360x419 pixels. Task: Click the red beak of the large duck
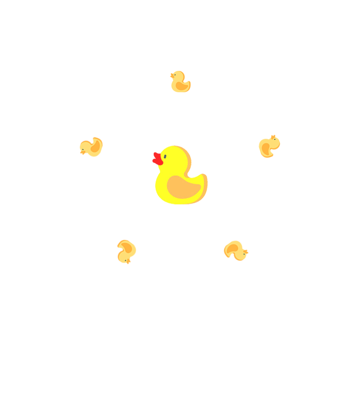coord(157,159)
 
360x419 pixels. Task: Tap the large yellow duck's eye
coord(165,156)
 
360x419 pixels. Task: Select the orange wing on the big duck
coord(183,187)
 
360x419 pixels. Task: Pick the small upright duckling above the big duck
coord(180,82)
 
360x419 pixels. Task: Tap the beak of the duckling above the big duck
coord(172,75)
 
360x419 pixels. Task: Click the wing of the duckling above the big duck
coord(182,86)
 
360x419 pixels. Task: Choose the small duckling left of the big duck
coord(91,147)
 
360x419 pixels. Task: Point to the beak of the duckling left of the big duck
coord(82,152)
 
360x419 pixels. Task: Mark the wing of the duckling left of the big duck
coord(95,146)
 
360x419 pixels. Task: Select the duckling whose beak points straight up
coord(269,146)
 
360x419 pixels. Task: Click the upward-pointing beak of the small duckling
coord(273,137)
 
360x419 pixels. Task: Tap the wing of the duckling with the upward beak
coord(266,149)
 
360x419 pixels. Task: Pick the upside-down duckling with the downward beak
coord(126,251)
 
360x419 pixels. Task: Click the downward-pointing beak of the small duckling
coord(129,262)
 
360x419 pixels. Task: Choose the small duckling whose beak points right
coord(236,251)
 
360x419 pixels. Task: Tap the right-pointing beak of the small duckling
coord(246,252)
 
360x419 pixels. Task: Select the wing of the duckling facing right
coord(232,249)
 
